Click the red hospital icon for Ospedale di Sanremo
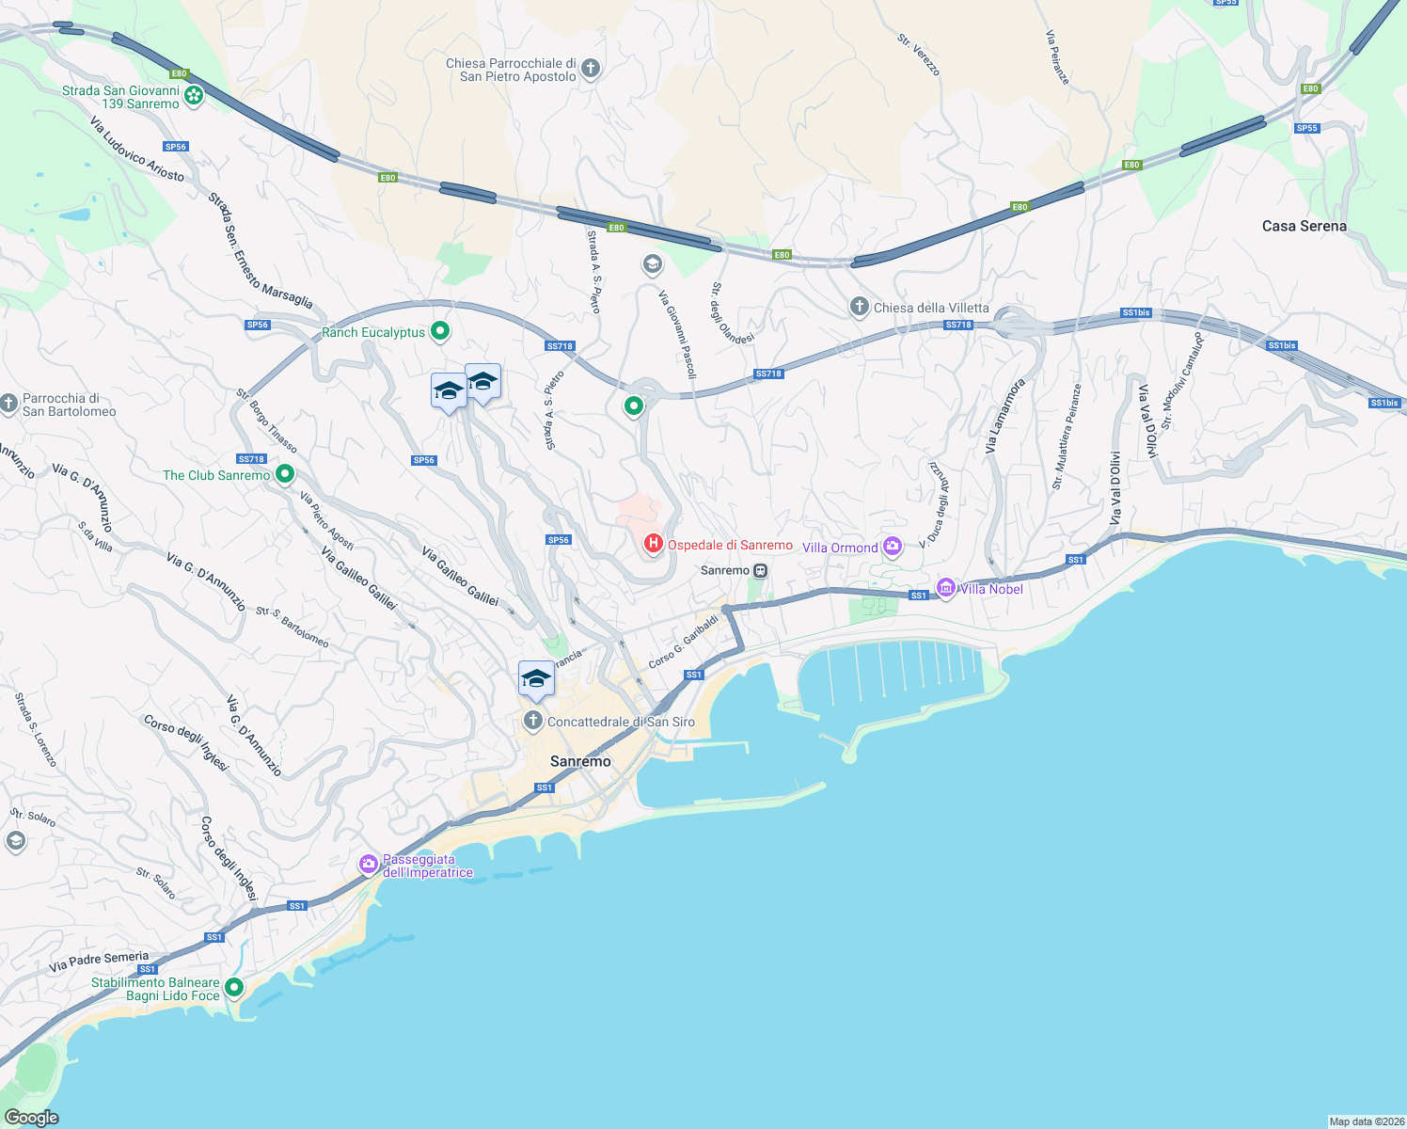[x=653, y=544]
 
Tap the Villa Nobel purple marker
[x=946, y=588]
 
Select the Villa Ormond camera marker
[x=893, y=546]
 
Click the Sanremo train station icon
[x=760, y=570]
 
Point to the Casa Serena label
[x=1304, y=226]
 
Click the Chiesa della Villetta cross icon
[x=859, y=307]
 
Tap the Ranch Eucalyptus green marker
[x=439, y=331]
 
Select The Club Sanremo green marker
[x=285, y=474]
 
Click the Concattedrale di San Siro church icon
[x=533, y=722]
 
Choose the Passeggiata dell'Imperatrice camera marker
[x=369, y=864]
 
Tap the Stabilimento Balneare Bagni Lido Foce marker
[x=234, y=987]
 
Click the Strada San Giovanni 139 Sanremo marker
[x=194, y=95]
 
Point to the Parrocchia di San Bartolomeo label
[x=69, y=405]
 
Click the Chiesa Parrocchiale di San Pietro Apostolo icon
[x=591, y=68]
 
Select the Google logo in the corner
[x=32, y=1118]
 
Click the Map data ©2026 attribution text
[x=1366, y=1121]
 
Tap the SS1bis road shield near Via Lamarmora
[x=1135, y=312]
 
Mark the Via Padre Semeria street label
[x=99, y=961]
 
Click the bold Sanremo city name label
[x=580, y=761]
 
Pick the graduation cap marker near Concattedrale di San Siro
[x=536, y=678]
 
